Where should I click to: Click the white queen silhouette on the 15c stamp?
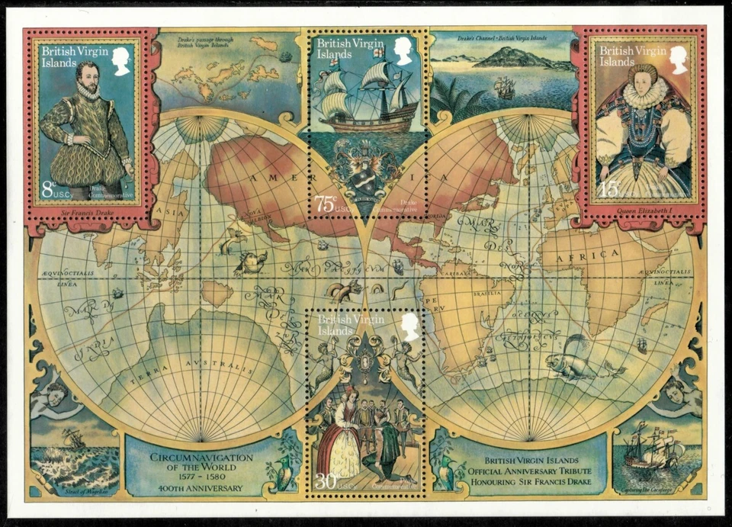tap(678, 60)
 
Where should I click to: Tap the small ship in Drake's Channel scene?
tap(503, 87)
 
